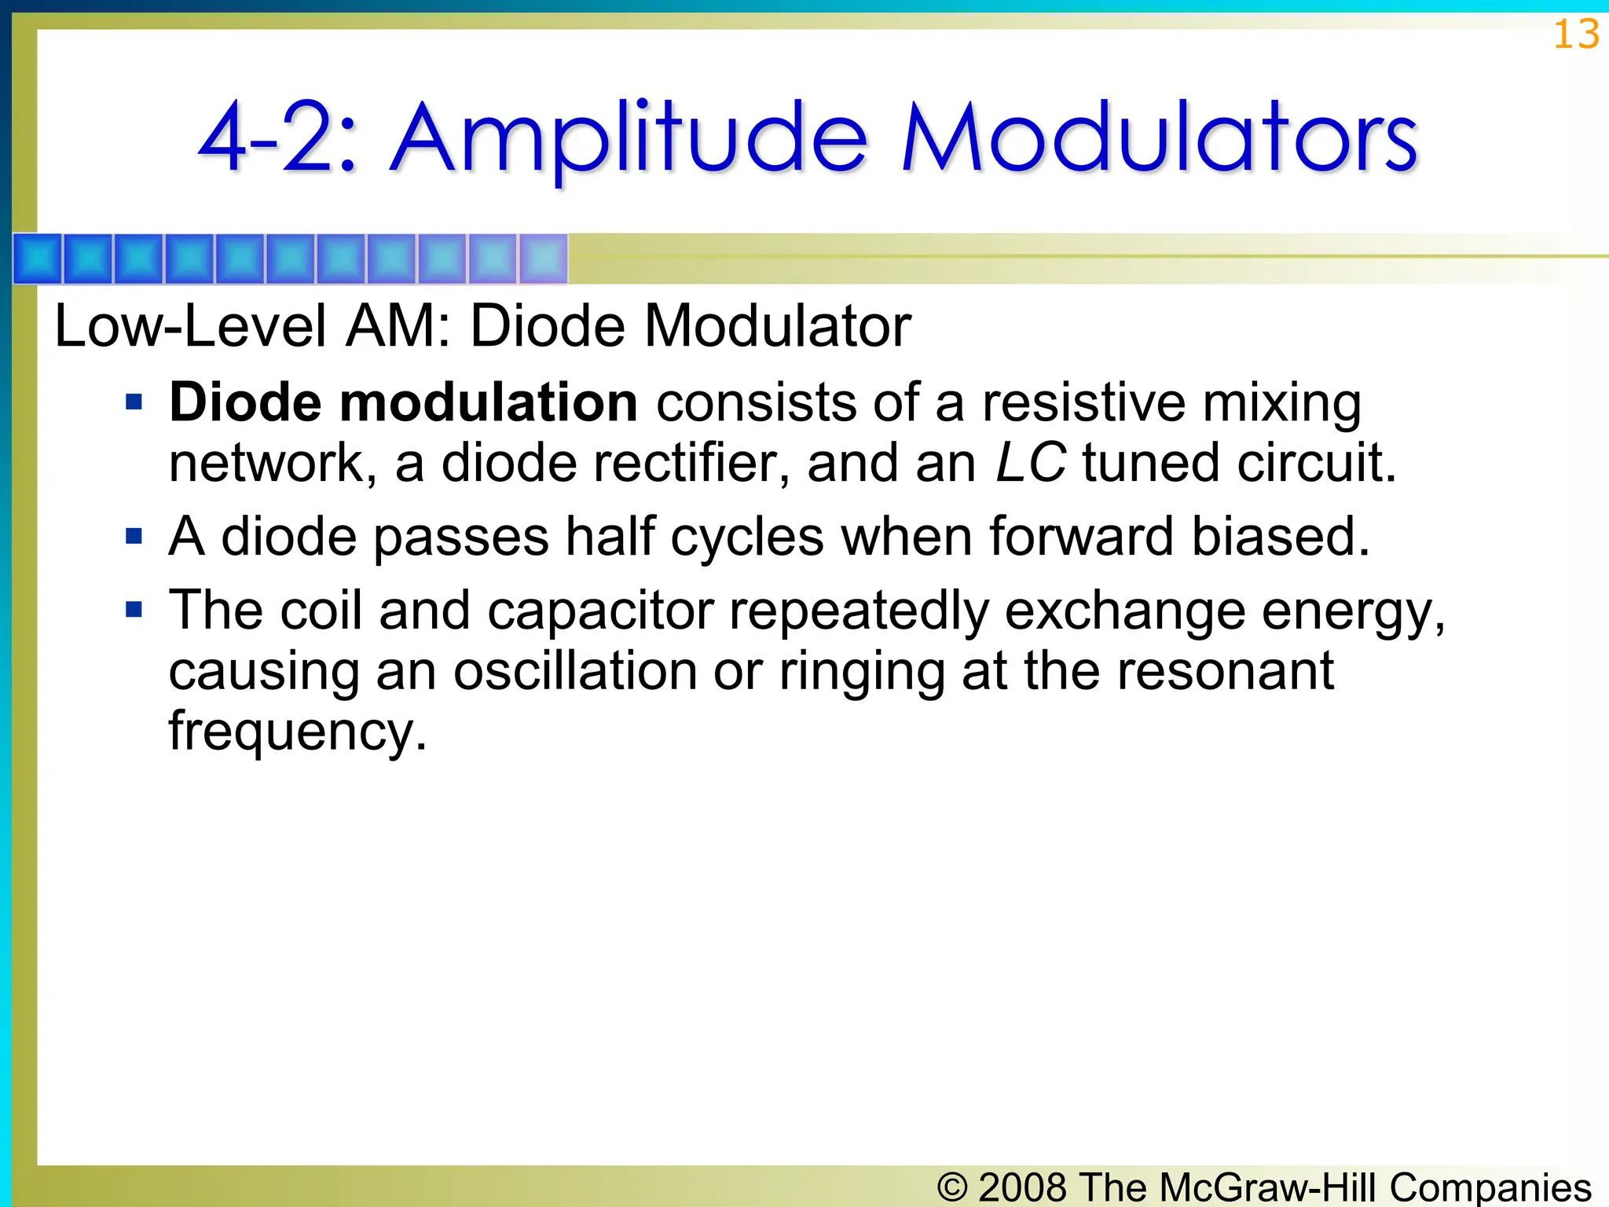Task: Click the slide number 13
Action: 1575,35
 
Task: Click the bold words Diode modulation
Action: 403,402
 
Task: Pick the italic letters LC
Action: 1030,462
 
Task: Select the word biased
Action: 1281,536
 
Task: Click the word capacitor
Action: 601,611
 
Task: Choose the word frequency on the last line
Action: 297,731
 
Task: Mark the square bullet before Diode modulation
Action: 134,403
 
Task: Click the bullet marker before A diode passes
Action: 134,537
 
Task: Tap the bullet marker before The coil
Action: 134,610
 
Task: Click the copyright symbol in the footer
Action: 953,1187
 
